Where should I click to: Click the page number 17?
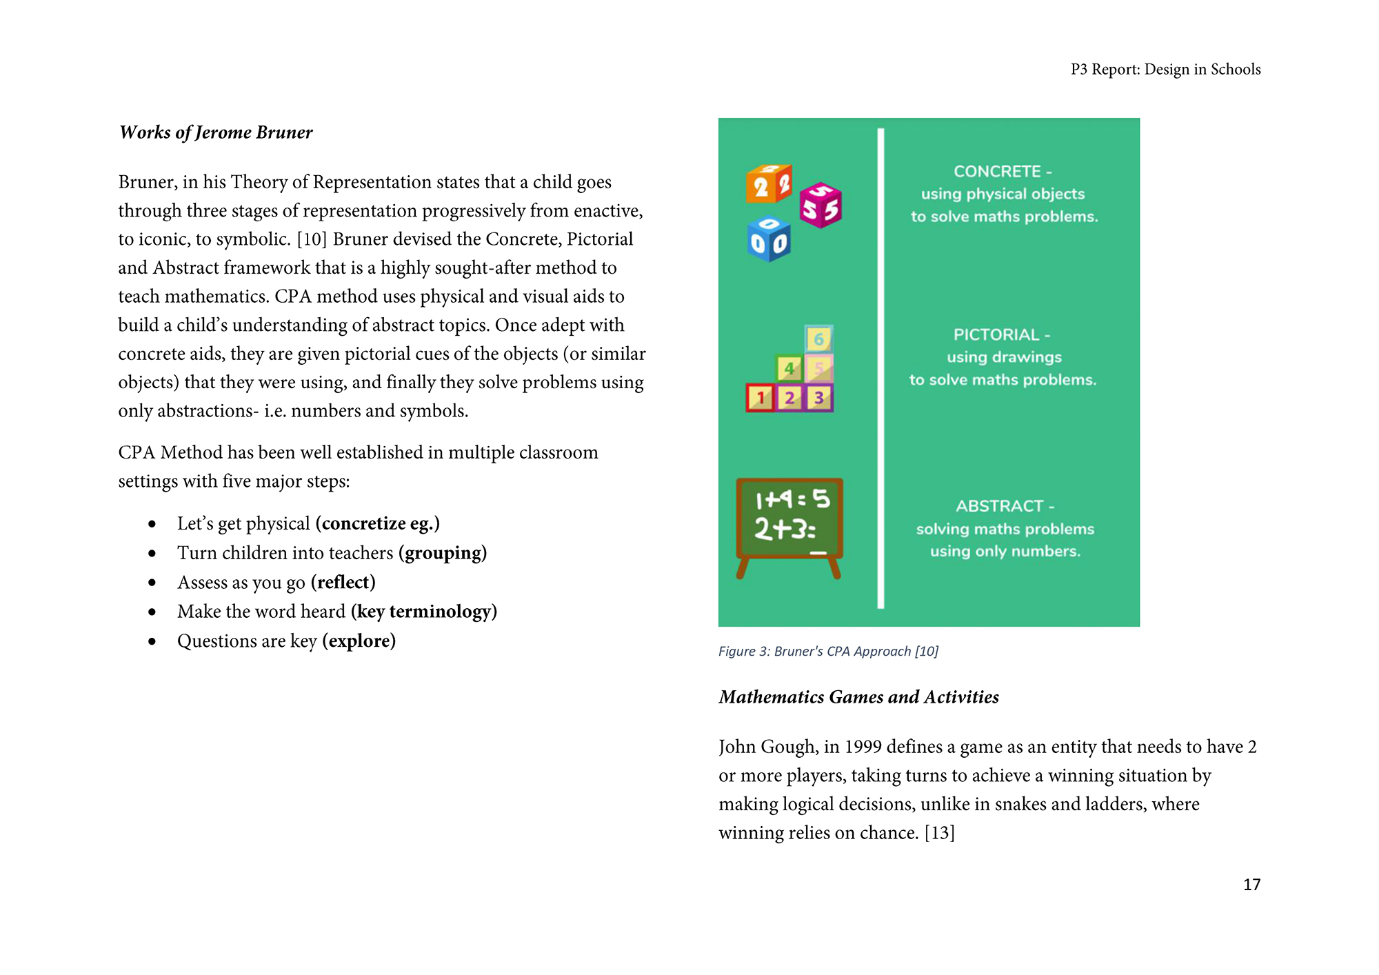(x=1251, y=885)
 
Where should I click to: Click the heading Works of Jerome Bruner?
(x=216, y=132)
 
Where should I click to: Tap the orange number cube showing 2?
(x=768, y=183)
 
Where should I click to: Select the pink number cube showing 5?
(x=821, y=205)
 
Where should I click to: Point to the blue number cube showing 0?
(x=768, y=240)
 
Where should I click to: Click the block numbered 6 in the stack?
(x=819, y=339)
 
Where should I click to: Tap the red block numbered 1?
(x=761, y=398)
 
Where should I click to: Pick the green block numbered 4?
(x=789, y=368)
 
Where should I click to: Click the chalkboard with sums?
(x=789, y=521)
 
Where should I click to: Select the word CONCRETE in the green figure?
(x=997, y=171)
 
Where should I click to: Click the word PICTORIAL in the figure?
(x=996, y=334)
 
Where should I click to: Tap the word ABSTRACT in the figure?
(x=999, y=506)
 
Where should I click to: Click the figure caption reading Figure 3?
(x=828, y=652)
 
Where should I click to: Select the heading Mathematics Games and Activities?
(x=858, y=697)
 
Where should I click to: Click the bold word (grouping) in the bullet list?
(x=443, y=553)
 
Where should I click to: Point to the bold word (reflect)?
(x=343, y=583)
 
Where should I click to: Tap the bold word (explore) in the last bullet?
(x=359, y=641)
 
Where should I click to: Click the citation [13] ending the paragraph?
(x=939, y=833)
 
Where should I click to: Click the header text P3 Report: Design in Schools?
(x=1165, y=70)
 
